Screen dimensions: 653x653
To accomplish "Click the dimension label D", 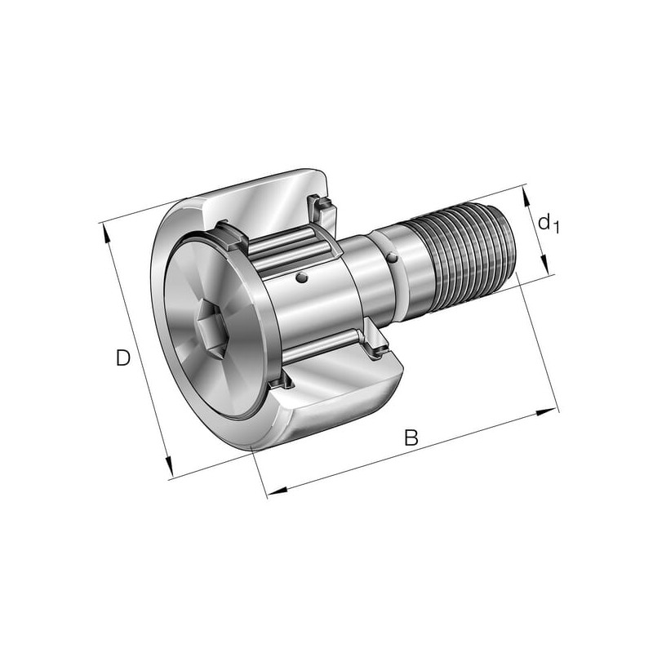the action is pyautogui.click(x=123, y=358).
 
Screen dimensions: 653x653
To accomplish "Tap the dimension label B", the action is pyautogui.click(x=411, y=438).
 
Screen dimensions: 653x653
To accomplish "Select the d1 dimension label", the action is pyautogui.click(x=548, y=223).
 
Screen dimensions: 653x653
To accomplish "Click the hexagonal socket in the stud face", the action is pyautogui.click(x=212, y=329).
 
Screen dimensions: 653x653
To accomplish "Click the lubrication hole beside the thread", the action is pyautogui.click(x=393, y=258).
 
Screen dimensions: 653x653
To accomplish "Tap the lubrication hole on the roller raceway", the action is pyautogui.click(x=302, y=278).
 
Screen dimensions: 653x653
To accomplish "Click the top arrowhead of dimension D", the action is pyautogui.click(x=106, y=233).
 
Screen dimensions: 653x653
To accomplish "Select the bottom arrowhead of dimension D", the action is pyautogui.click(x=168, y=466).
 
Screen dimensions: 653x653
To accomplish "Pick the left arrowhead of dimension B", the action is pyautogui.click(x=278, y=491).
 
